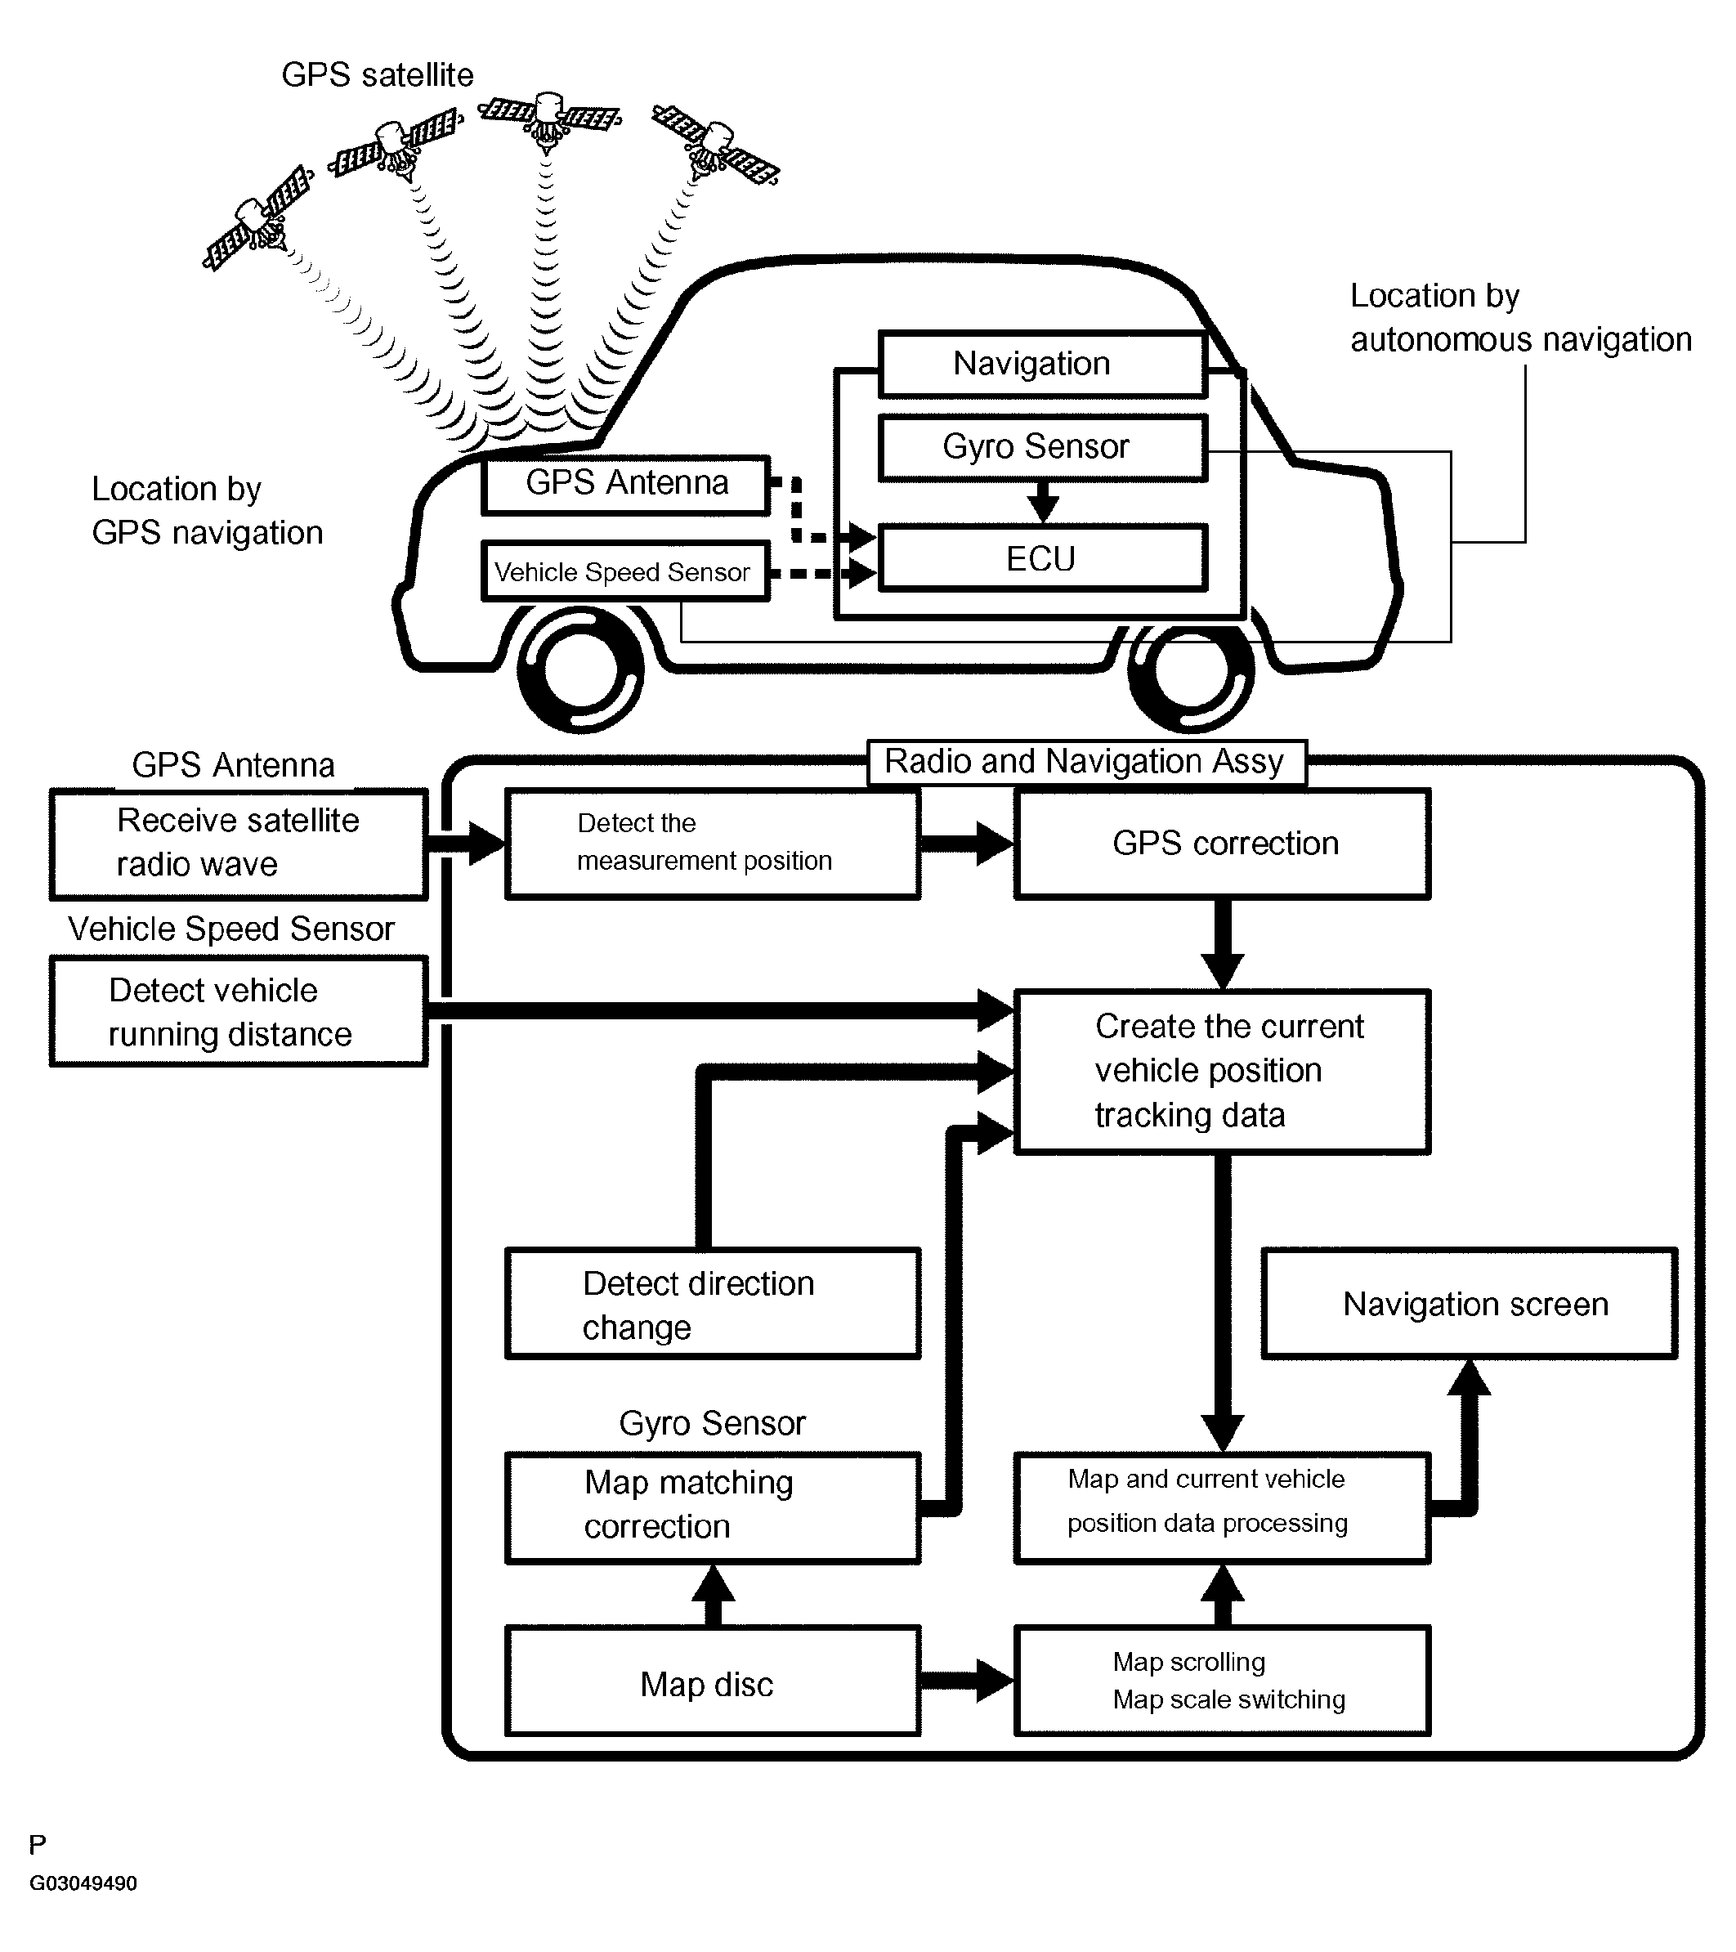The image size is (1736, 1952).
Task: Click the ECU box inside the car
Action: point(1042,557)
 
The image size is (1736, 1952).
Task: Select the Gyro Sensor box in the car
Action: point(1042,447)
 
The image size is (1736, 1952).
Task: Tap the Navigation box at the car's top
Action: point(1042,364)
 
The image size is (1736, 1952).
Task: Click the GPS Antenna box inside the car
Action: point(625,484)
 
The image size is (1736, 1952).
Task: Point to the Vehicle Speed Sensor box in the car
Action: point(624,571)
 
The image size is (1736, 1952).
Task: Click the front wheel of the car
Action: point(580,669)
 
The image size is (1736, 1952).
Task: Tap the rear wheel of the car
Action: point(1191,669)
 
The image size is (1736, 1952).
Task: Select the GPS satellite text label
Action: point(377,74)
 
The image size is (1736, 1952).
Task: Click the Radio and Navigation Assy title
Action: point(1085,762)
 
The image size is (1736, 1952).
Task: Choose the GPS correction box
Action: point(1222,844)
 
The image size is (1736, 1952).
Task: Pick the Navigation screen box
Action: point(1470,1304)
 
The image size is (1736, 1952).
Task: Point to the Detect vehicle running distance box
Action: point(239,1012)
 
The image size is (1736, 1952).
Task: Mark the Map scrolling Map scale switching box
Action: point(1222,1681)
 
